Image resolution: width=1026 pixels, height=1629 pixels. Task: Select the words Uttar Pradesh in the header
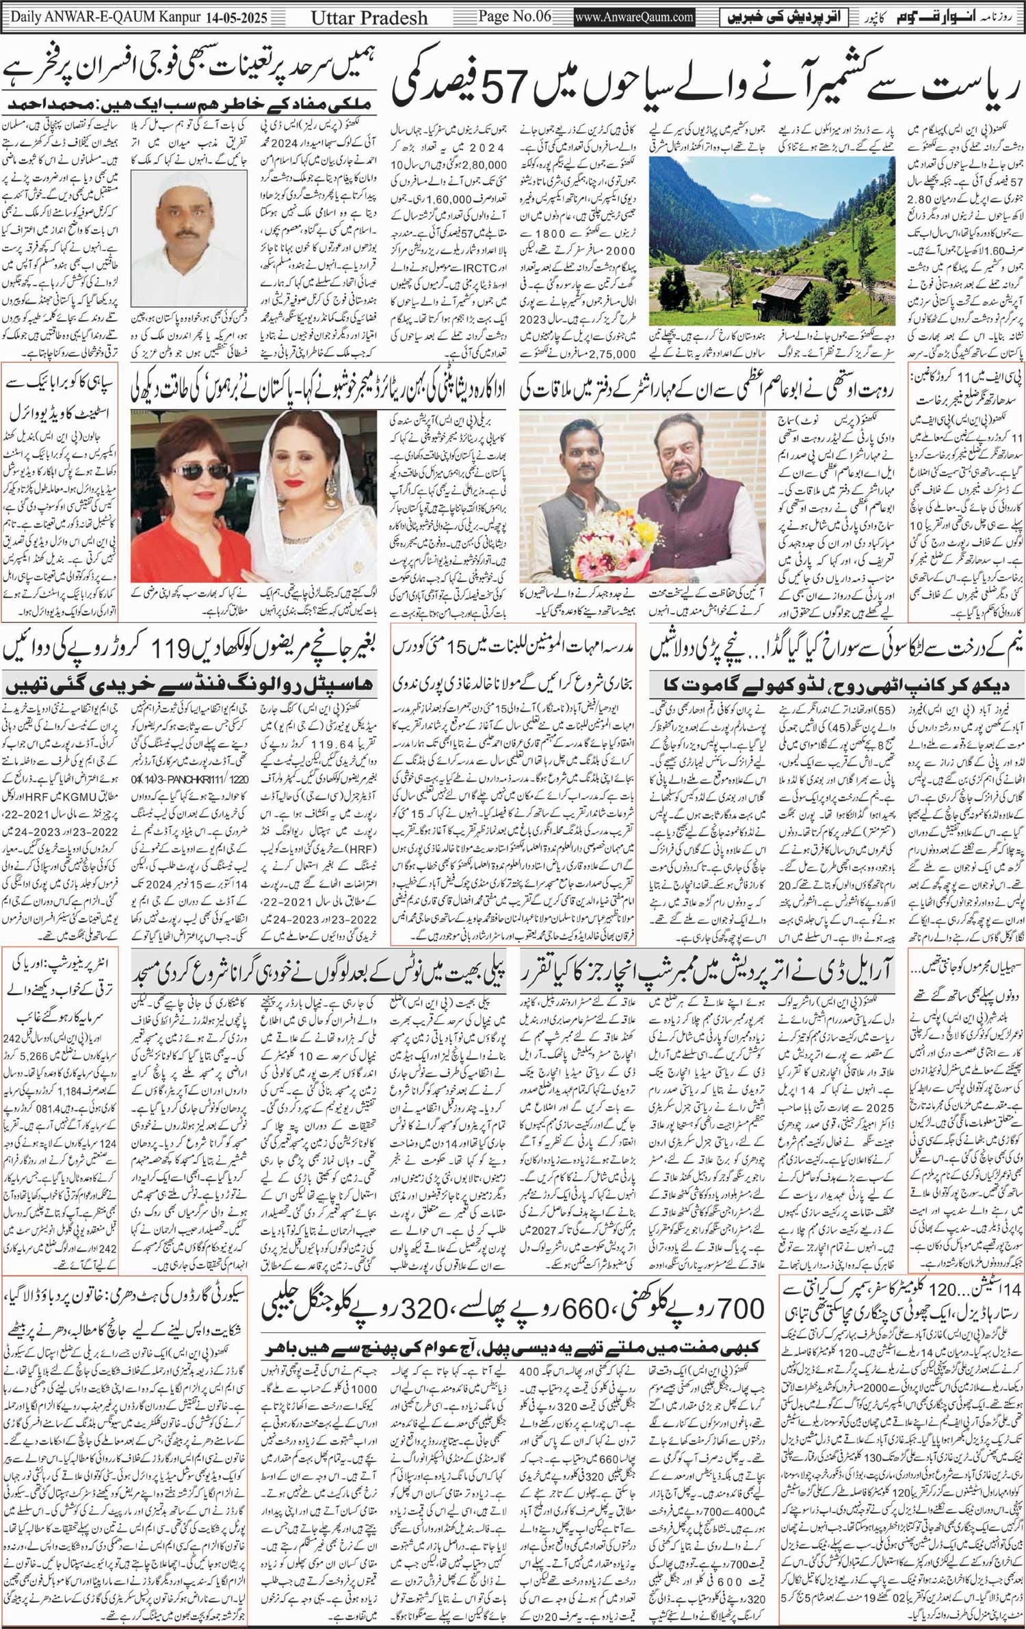369,18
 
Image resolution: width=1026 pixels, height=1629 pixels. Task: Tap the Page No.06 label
514,16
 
